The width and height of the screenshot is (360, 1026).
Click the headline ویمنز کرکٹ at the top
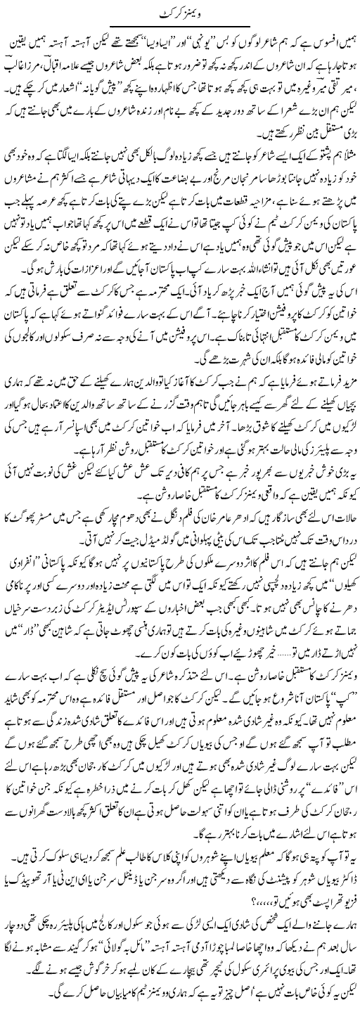coord(180,13)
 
